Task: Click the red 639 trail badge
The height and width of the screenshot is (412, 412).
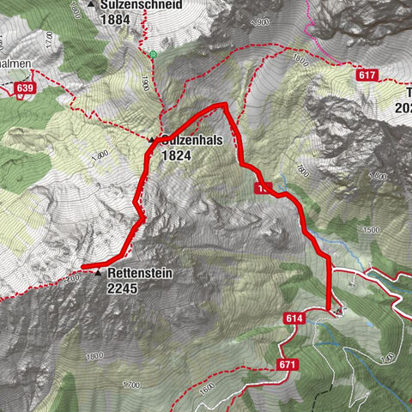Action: [25, 88]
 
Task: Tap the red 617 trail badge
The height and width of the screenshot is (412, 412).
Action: [367, 76]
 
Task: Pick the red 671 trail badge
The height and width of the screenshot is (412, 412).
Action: [287, 365]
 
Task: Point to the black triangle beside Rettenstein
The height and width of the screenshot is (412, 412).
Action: [98, 274]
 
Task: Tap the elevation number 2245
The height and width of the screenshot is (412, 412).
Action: [122, 288]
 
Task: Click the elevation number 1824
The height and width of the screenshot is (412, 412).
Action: [176, 157]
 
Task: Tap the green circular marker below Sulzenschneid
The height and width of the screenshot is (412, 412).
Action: [153, 54]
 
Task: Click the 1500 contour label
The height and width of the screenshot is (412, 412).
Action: [370, 230]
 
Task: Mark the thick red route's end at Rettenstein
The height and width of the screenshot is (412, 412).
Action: [84, 267]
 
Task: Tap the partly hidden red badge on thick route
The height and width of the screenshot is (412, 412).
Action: [261, 187]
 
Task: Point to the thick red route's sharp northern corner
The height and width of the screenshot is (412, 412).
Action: [226, 105]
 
